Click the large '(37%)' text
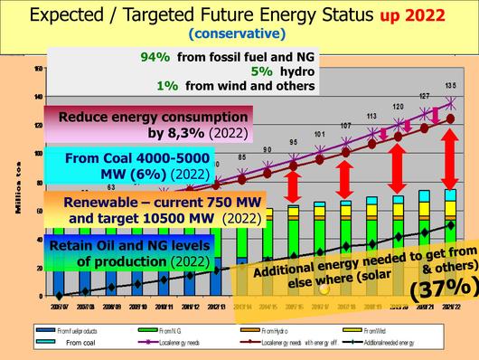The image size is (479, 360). tap(421, 289)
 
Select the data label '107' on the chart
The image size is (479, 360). tap(345, 126)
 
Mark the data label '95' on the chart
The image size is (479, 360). tap(293, 142)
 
